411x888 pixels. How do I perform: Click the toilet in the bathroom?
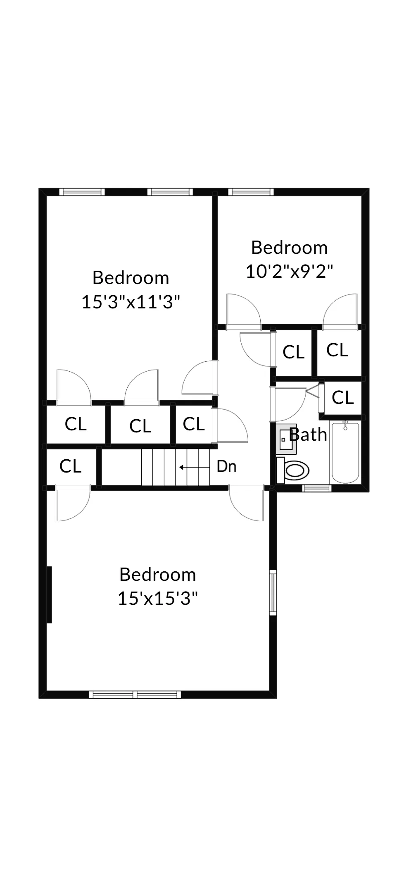(294, 470)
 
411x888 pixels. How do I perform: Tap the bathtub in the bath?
(345, 452)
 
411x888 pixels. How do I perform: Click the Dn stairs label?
(226, 466)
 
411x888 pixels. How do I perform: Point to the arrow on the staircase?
(194, 468)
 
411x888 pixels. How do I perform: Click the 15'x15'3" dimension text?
(158, 598)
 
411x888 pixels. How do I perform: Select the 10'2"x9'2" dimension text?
(289, 272)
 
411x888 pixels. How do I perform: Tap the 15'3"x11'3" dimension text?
(131, 302)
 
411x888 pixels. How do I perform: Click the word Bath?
(309, 434)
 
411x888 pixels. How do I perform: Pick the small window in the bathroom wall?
(317, 488)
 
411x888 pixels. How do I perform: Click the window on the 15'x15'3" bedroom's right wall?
(273, 592)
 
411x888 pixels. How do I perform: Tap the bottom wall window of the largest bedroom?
(135, 695)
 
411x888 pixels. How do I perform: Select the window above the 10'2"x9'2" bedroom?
(251, 192)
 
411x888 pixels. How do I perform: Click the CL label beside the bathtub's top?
(342, 397)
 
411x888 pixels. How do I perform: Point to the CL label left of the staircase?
(70, 466)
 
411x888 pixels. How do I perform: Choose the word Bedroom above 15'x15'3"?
(158, 574)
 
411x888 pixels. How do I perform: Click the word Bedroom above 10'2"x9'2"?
(289, 248)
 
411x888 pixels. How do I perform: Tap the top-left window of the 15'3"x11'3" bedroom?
(81, 192)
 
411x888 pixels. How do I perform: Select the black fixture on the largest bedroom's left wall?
(49, 594)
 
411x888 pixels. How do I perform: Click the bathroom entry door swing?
(289, 403)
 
